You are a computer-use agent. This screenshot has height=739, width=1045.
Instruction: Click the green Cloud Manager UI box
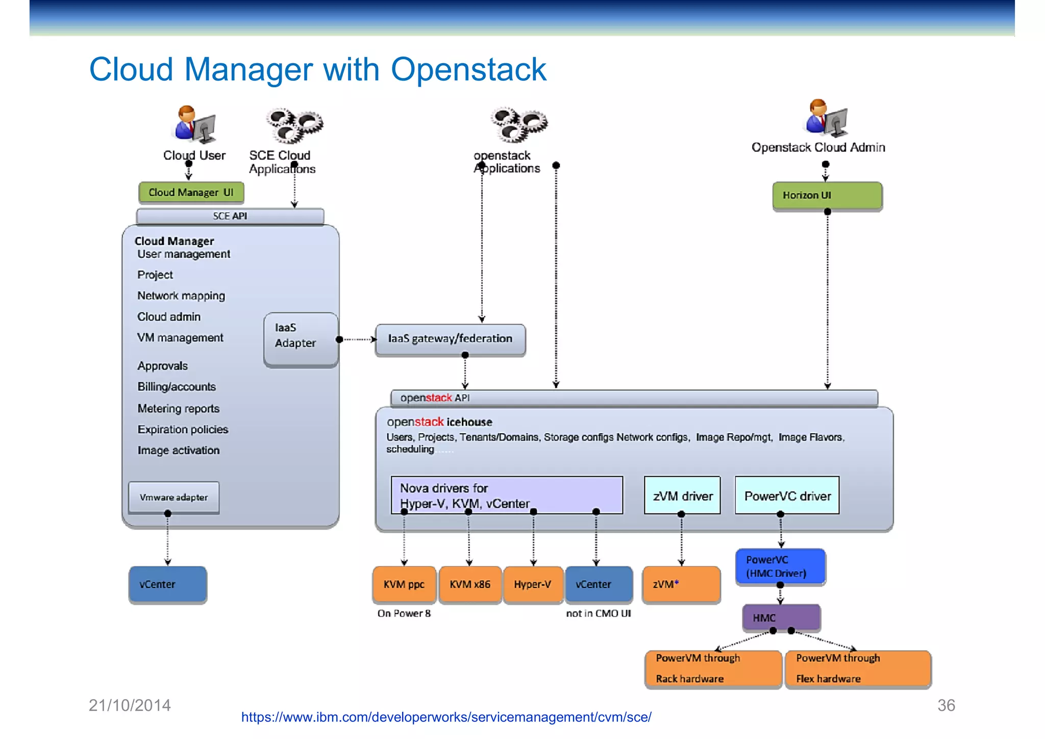pyautogui.click(x=191, y=192)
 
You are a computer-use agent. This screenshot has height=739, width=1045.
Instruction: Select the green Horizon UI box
pyautogui.click(x=827, y=195)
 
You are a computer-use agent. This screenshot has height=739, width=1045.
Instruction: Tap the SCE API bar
pyautogui.click(x=230, y=216)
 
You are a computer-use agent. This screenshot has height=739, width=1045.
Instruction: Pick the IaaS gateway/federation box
pyautogui.click(x=450, y=339)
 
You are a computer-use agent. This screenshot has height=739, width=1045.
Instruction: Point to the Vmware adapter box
pyautogui.click(x=173, y=497)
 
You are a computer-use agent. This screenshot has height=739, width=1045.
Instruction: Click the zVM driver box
pyautogui.click(x=682, y=496)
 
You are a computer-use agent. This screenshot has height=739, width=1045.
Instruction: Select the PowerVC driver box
pyautogui.click(x=787, y=496)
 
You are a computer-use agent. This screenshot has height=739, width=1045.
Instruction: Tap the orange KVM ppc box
pyautogui.click(x=404, y=584)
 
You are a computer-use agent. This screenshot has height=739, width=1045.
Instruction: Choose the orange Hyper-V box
pyautogui.click(x=532, y=584)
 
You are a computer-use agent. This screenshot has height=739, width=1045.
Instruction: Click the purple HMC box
pyautogui.click(x=781, y=618)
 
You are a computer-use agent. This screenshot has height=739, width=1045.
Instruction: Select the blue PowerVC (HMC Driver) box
pyautogui.click(x=780, y=566)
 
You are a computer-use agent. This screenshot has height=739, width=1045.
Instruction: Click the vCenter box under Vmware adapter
pyautogui.click(x=167, y=584)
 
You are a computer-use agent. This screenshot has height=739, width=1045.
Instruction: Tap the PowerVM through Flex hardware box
pyautogui.click(x=857, y=669)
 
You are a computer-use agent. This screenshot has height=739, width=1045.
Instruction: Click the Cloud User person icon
pyautogui.click(x=194, y=124)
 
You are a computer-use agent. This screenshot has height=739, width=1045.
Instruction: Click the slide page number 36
pyautogui.click(x=946, y=705)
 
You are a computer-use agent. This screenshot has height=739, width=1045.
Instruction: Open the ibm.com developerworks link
pyautogui.click(x=446, y=717)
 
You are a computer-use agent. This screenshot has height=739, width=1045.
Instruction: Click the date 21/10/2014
pyautogui.click(x=130, y=705)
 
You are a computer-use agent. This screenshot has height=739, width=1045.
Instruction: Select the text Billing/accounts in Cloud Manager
pyautogui.click(x=177, y=387)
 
